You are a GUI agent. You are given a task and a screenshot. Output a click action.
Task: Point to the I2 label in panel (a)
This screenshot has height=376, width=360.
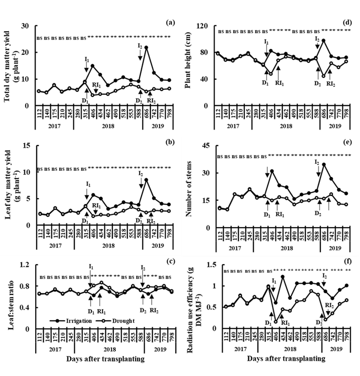(140, 45)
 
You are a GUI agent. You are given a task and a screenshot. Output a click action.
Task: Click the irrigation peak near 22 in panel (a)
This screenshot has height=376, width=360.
(146, 47)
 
